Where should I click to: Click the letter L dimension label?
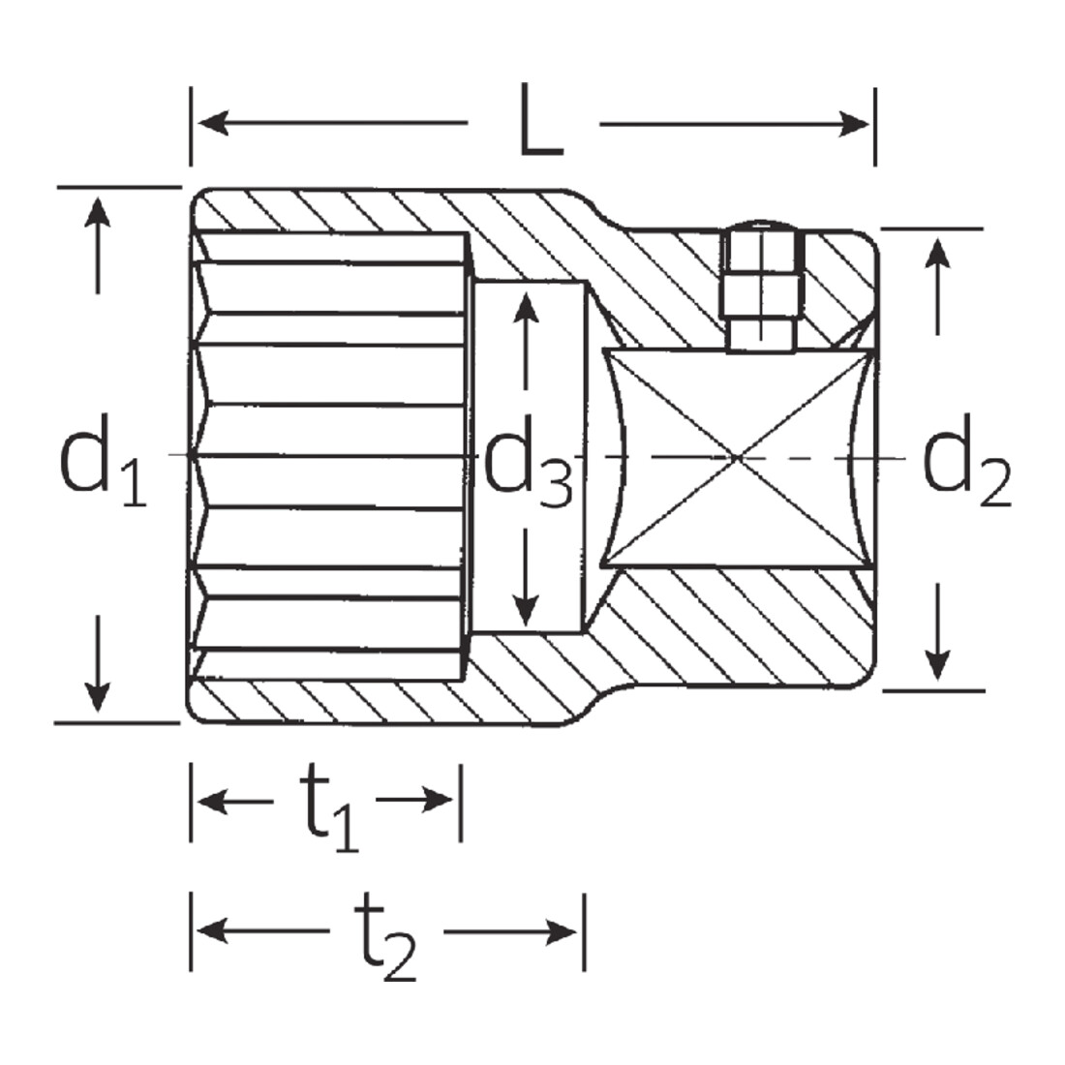540,119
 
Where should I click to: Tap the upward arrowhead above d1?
98,213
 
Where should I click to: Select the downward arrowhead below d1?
98,697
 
